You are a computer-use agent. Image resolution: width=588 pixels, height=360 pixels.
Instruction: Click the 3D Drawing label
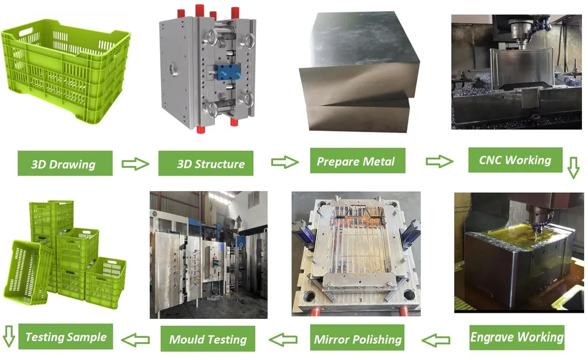(65, 164)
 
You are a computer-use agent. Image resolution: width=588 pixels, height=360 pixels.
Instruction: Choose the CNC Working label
(515, 160)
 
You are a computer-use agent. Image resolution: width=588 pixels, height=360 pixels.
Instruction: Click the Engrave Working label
(517, 337)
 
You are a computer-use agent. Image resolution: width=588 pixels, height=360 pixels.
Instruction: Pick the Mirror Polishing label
(357, 338)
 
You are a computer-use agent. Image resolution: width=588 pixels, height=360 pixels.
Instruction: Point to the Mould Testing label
(208, 338)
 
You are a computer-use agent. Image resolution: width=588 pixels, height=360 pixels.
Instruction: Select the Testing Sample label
(65, 336)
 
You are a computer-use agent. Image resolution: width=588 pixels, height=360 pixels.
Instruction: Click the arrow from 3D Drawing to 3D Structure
(135, 164)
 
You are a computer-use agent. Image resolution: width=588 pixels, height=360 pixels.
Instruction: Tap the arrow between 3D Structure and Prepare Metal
(284, 162)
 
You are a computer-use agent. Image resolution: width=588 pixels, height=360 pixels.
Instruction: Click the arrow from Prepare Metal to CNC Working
(439, 162)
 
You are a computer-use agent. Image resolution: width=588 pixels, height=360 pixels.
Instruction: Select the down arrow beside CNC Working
(574, 167)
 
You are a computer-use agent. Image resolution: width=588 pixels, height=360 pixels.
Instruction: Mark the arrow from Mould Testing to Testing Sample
(135, 337)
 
